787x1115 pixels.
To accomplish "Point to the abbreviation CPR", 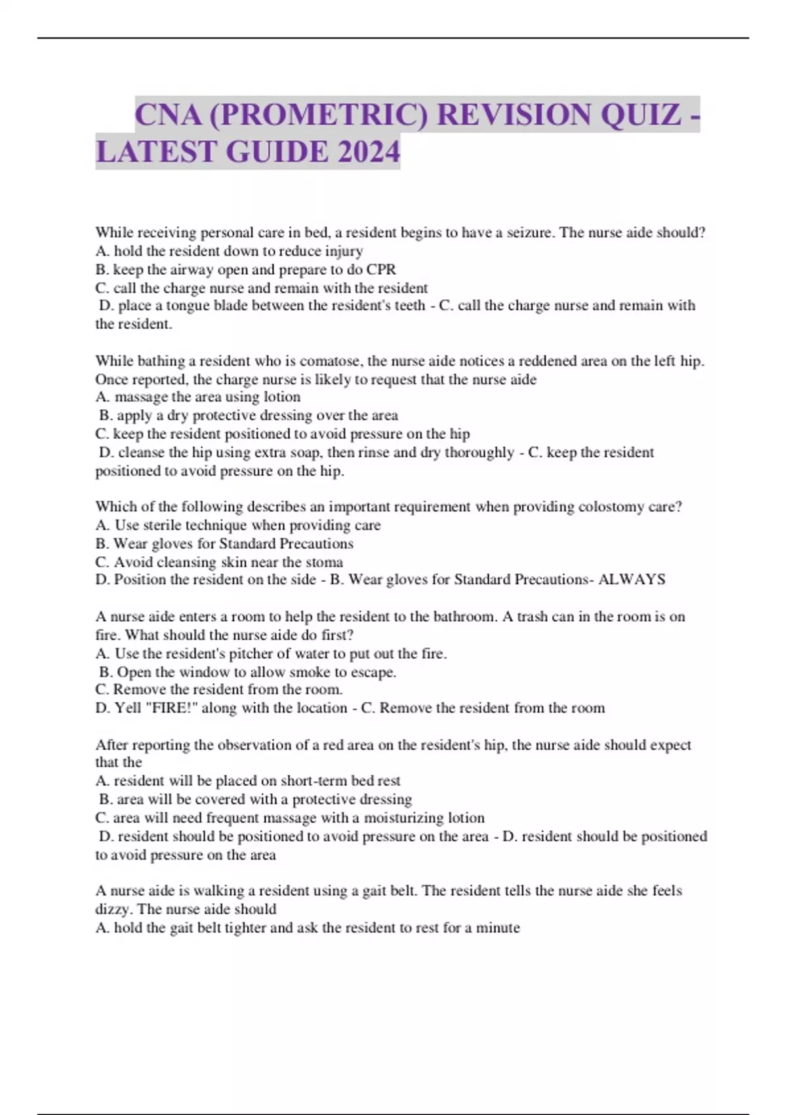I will [x=381, y=270].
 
